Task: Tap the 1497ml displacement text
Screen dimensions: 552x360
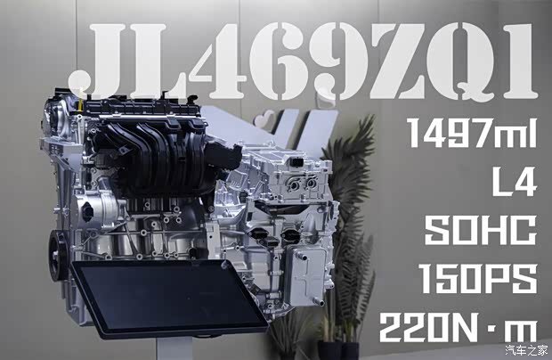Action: click(x=472, y=133)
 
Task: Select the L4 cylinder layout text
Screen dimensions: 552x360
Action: click(x=515, y=181)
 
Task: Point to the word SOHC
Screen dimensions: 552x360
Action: click(x=481, y=230)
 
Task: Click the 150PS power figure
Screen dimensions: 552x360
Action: click(x=478, y=279)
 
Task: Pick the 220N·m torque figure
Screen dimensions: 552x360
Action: click(x=459, y=327)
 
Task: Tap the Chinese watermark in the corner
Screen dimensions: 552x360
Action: click(x=527, y=350)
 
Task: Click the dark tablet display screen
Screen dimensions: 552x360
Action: click(x=169, y=298)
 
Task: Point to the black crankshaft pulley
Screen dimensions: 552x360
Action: click(x=57, y=255)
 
